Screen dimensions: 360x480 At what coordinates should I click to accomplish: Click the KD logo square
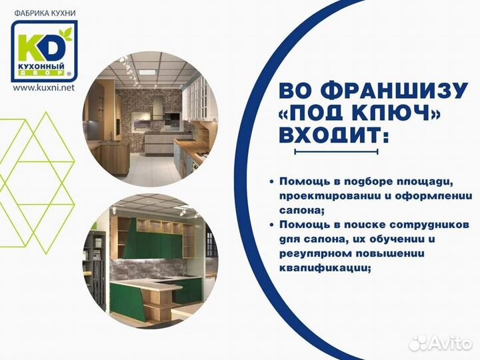(x=45, y=50)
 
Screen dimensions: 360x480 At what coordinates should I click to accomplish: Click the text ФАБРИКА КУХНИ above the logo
(x=44, y=13)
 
